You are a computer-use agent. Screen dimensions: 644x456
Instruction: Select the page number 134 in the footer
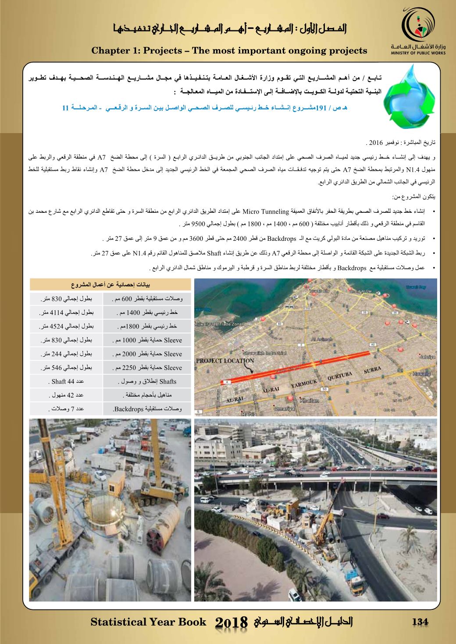(x=420, y=622)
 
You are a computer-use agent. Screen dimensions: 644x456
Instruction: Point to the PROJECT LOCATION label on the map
(x=225, y=361)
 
